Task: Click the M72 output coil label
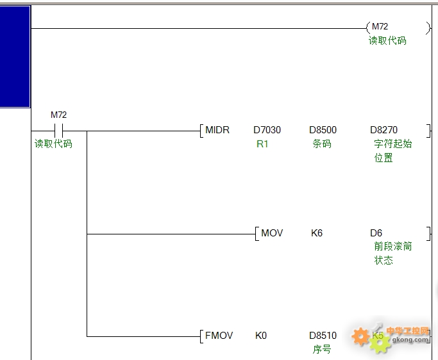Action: pos(380,26)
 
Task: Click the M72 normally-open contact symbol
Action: pos(58,131)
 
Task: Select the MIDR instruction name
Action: pos(217,130)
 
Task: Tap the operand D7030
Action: pos(267,130)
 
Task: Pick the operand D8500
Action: pos(323,130)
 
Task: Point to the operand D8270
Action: pos(383,130)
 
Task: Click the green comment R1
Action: pos(262,144)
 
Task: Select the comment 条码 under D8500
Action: pos(322,143)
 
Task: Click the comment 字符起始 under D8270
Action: pos(393,143)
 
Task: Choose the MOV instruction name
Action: pos(272,233)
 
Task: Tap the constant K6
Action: pos(317,233)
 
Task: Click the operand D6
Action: pos(376,233)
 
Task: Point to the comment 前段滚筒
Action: pos(393,247)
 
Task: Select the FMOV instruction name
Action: pos(219,335)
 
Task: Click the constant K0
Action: pos(261,335)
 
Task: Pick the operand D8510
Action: pos(323,335)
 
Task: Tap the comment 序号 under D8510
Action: pos(322,349)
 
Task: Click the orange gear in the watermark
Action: pos(360,336)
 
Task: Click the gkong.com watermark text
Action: pos(410,340)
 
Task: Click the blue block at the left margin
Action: pos(15,56)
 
